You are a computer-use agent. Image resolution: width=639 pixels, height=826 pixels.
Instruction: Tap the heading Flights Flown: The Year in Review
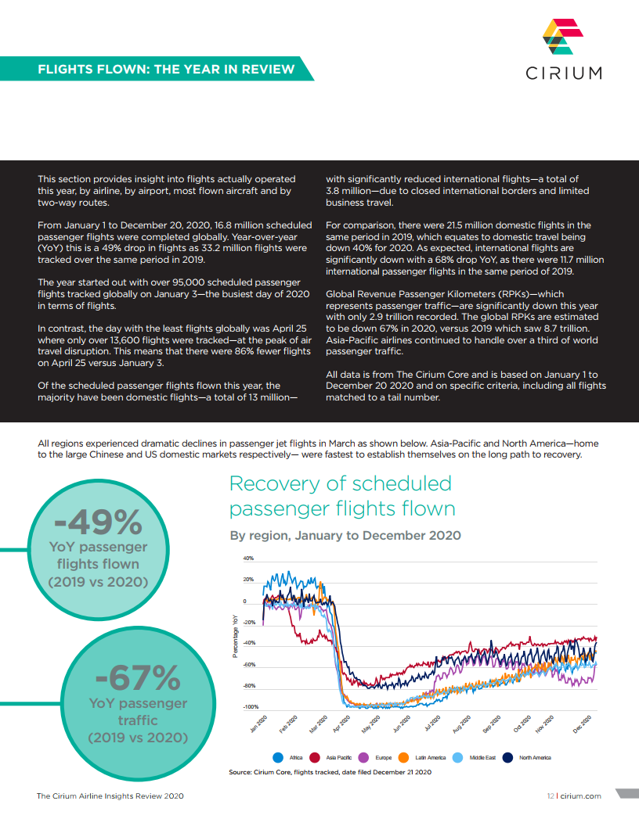[x=166, y=69]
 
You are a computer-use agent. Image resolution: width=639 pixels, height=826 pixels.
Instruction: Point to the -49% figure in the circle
[x=98, y=522]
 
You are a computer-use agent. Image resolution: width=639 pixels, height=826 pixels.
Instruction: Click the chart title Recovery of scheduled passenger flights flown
[x=342, y=496]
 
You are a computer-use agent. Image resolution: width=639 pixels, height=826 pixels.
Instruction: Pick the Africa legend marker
[x=278, y=757]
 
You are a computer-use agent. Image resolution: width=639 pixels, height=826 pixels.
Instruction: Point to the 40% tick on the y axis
[x=248, y=558]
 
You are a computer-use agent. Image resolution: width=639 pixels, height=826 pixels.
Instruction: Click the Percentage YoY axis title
[x=235, y=636]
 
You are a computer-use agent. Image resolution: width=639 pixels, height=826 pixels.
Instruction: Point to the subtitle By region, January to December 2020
[x=345, y=535]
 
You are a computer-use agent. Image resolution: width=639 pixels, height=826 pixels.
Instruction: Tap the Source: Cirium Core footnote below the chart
[x=330, y=772]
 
